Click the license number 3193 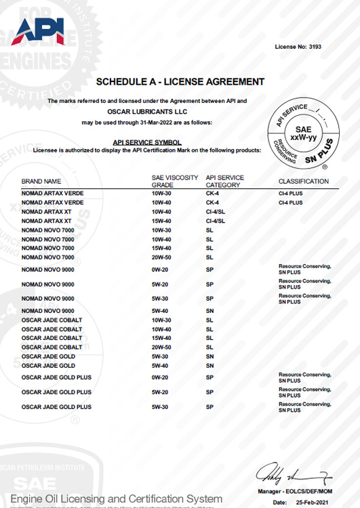[314, 47]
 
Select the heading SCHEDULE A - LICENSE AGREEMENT [180, 82]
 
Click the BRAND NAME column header [41, 182]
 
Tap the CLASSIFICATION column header [303, 182]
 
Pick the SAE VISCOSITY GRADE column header [174, 181]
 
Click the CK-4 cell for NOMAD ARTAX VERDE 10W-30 [212, 193]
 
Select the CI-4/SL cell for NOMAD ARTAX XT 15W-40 [215, 221]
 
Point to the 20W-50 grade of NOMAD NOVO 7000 [161, 257]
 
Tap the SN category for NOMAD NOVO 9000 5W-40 [209, 312]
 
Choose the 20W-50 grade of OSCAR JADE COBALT [161, 347]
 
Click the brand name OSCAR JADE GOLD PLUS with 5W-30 [56, 407]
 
